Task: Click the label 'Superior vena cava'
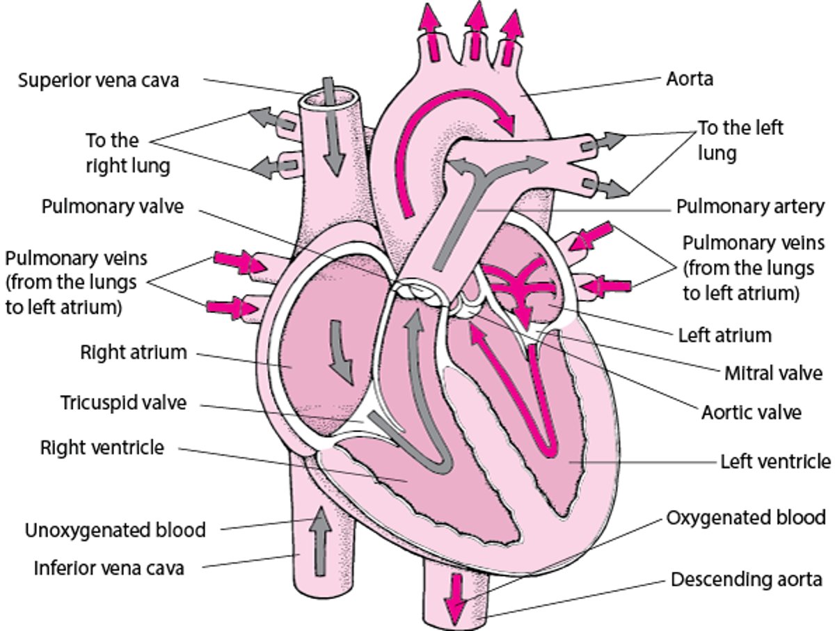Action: coord(98,80)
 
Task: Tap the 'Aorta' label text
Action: coord(689,79)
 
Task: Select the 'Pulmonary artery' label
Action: coord(750,207)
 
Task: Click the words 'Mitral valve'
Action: coord(773,373)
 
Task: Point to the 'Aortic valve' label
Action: coord(751,412)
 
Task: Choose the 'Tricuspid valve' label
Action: coord(123,403)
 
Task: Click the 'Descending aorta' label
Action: coord(747,579)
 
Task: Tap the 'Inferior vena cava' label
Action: coord(109,568)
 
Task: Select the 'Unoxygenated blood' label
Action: coord(116,530)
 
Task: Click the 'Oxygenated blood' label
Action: coord(746,518)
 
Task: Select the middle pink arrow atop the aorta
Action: coord(476,31)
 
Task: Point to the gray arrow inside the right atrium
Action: coord(342,351)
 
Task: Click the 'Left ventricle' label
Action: coord(774,461)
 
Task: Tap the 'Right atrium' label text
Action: coord(133,352)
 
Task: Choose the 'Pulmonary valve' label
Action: coord(112,207)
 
